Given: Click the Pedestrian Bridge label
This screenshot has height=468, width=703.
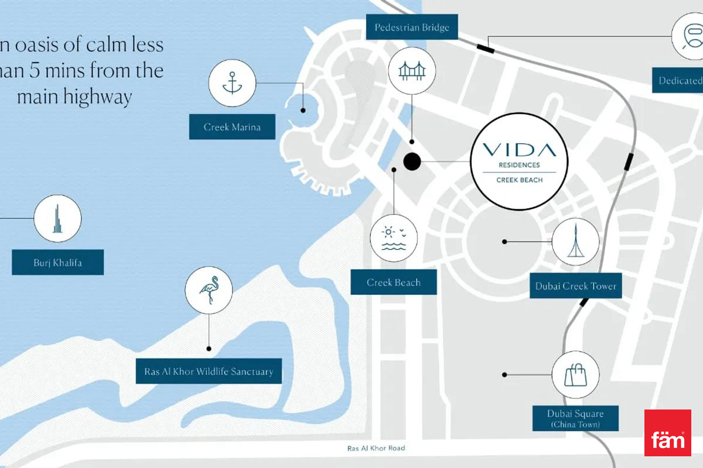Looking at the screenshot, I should tap(412, 27).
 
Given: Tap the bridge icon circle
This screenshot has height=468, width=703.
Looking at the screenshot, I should tap(412, 70).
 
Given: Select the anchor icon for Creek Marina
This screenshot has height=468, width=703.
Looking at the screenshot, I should tap(232, 84).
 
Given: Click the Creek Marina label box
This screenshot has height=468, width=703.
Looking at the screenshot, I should tap(232, 126).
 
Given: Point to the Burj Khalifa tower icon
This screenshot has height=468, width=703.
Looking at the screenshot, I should tap(57, 219).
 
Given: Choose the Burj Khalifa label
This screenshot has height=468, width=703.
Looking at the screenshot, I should tap(57, 263).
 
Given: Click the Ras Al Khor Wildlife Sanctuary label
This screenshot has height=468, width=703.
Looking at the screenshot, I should tap(209, 371).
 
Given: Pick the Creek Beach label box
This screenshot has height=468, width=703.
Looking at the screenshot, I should tap(394, 283).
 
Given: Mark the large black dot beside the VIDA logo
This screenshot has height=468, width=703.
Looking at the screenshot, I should tap(412, 161).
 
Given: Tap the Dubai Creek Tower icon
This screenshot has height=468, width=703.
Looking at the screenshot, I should tap(575, 242).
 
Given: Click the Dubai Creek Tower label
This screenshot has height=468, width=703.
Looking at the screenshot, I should tap(575, 286).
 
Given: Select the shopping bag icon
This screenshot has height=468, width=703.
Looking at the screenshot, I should tap(575, 374).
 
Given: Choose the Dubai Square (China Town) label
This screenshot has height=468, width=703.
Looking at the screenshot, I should tap(575, 418).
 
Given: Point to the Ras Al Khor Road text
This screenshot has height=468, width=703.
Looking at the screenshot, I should tap(376, 449).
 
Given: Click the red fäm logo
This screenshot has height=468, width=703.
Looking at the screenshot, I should tap(667, 433).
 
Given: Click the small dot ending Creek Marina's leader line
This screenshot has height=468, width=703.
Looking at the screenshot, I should tap(303, 110).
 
